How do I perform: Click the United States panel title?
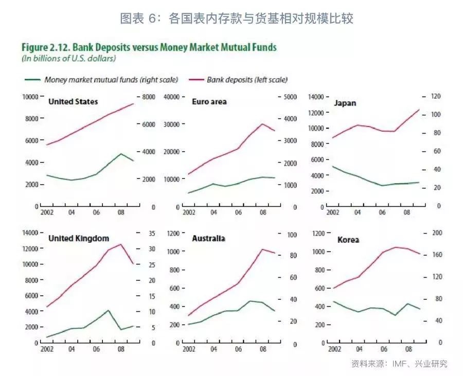(73, 102)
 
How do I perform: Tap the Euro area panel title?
(209, 102)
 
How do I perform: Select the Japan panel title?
(345, 103)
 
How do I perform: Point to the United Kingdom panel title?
(78, 239)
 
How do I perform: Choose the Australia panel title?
(208, 239)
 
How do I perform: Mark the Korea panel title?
(348, 240)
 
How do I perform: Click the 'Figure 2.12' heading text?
(149, 47)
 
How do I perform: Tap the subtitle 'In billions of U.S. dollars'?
(68, 59)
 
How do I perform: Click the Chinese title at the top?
(236, 19)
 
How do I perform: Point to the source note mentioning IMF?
(399, 364)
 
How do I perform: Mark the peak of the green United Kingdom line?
(108, 310)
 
